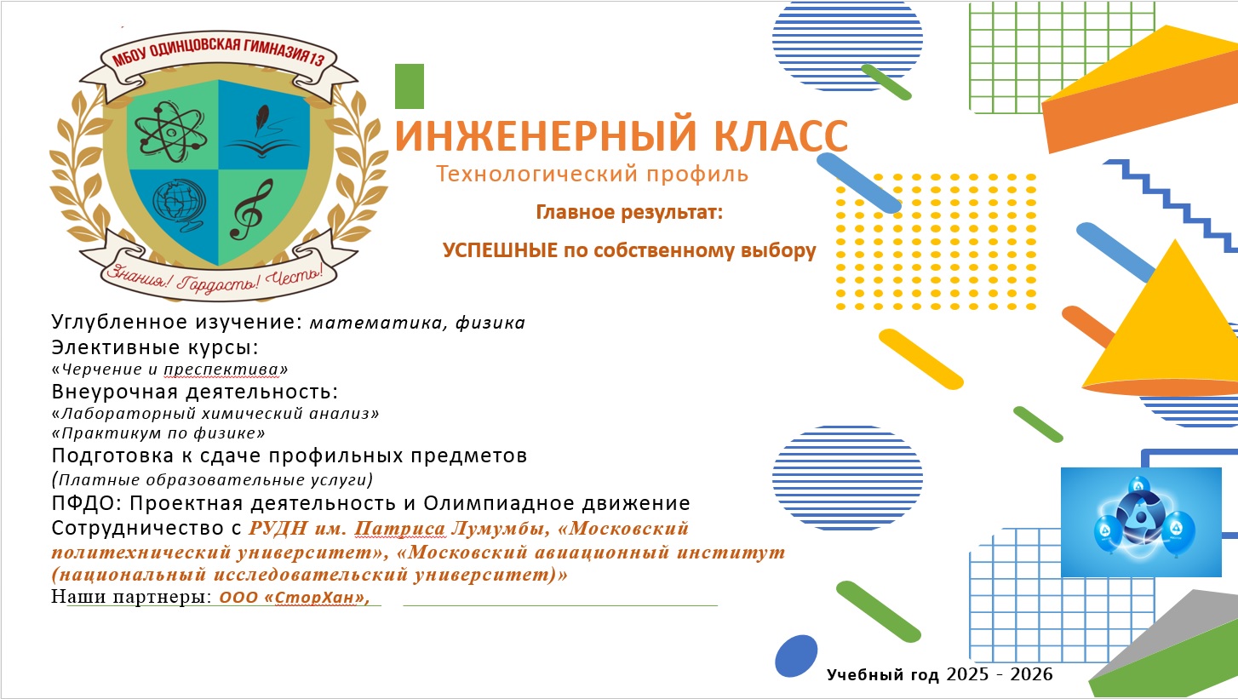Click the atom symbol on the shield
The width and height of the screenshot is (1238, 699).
171,132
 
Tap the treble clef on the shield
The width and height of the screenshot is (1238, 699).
252,209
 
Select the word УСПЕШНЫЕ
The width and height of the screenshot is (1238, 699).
500,250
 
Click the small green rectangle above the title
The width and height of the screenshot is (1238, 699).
410,86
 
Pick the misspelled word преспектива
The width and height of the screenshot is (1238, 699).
222,370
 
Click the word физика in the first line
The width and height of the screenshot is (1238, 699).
490,323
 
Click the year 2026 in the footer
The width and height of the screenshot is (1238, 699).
1031,674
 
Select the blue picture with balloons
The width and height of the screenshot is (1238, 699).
1141,522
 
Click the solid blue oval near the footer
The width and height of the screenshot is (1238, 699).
796,656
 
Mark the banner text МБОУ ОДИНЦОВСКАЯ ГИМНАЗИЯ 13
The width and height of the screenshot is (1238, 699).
219,52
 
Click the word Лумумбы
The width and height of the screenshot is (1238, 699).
501,529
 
